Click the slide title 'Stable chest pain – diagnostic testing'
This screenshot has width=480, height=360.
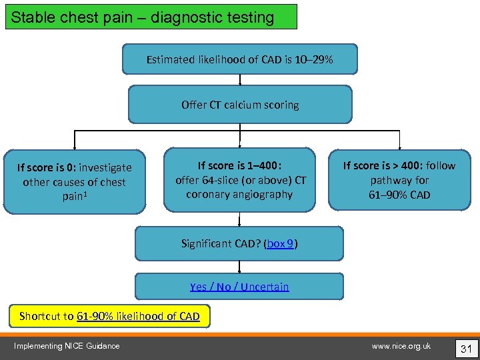[x=143, y=17]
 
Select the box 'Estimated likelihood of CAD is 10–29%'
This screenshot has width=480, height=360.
[x=239, y=59]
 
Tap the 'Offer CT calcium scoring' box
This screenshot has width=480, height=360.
[x=239, y=105]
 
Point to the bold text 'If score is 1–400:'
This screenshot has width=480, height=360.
[x=239, y=165]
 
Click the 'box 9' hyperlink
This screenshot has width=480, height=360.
[x=280, y=244]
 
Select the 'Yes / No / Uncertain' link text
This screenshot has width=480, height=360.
[x=239, y=287]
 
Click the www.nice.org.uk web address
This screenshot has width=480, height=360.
[x=401, y=345]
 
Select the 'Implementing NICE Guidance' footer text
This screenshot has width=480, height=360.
[x=67, y=345]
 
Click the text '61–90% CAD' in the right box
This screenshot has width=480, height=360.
[x=399, y=195]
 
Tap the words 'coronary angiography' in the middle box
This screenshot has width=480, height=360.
[x=239, y=195]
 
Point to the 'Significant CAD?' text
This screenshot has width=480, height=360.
[x=221, y=244]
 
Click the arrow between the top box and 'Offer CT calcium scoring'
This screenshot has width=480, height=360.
[x=240, y=79]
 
